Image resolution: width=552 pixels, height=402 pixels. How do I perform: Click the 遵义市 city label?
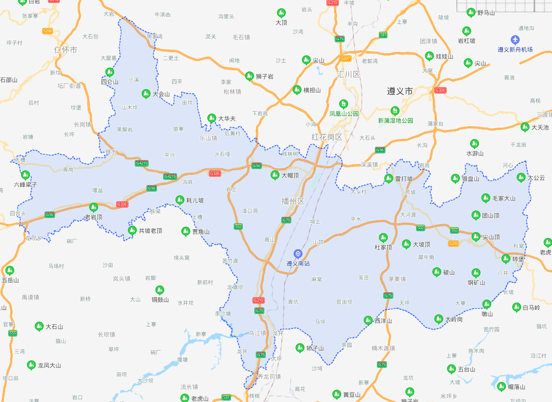pyautogui.click(x=400, y=91)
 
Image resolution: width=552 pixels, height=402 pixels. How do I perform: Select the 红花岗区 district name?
pyautogui.click(x=327, y=137)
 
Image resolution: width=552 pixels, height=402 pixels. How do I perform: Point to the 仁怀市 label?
pyautogui.click(x=66, y=50)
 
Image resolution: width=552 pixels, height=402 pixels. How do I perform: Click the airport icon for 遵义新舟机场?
pyautogui.click(x=515, y=40)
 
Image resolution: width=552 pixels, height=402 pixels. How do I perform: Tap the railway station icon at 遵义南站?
pyautogui.click(x=298, y=253)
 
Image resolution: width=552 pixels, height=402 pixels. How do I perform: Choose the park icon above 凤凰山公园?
pyautogui.click(x=344, y=104)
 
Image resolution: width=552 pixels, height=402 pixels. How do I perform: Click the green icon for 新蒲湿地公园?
pyautogui.click(x=395, y=111)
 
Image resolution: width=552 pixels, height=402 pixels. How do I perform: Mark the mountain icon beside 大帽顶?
pyautogui.click(x=275, y=175)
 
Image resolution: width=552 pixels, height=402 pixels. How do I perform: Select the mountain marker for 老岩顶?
pyautogui.click(x=93, y=207)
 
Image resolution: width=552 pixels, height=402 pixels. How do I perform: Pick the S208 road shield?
pyautogui.click(x=48, y=31)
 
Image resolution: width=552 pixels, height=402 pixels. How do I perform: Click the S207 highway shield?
pyautogui.click(x=346, y=58)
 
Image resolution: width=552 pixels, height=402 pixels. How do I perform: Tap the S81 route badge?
pyautogui.click(x=383, y=35)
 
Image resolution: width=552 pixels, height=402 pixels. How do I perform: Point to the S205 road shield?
pyautogui.click(x=453, y=243)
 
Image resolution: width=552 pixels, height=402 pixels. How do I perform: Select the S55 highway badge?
pyautogui.click(x=13, y=333)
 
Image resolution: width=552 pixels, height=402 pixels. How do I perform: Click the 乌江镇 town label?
pyautogui.click(x=257, y=333)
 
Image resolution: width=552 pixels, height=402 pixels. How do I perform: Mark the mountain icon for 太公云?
pyautogui.click(x=521, y=177)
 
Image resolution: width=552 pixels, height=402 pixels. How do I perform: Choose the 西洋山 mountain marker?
pyautogui.click(x=368, y=320)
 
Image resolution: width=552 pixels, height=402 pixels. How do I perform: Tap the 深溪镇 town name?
pyautogui.click(x=369, y=164)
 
